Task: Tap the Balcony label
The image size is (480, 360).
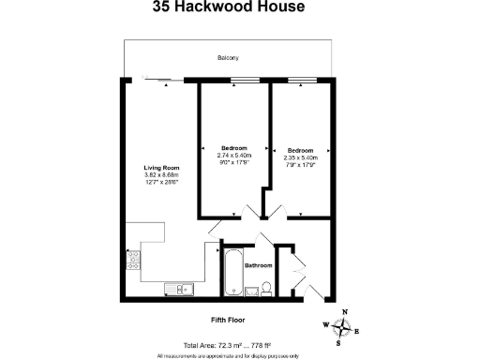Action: [228, 57]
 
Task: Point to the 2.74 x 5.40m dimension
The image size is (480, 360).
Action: [233, 156]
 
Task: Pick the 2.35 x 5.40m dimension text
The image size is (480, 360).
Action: [300, 157]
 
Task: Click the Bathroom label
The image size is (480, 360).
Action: [259, 265]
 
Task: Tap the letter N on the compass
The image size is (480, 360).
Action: [344, 312]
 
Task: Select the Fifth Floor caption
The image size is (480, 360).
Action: [229, 318]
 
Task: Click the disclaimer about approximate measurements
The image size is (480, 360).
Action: [228, 355]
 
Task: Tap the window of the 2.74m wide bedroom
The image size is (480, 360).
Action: [247, 82]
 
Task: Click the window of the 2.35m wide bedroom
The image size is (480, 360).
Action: [301, 82]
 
